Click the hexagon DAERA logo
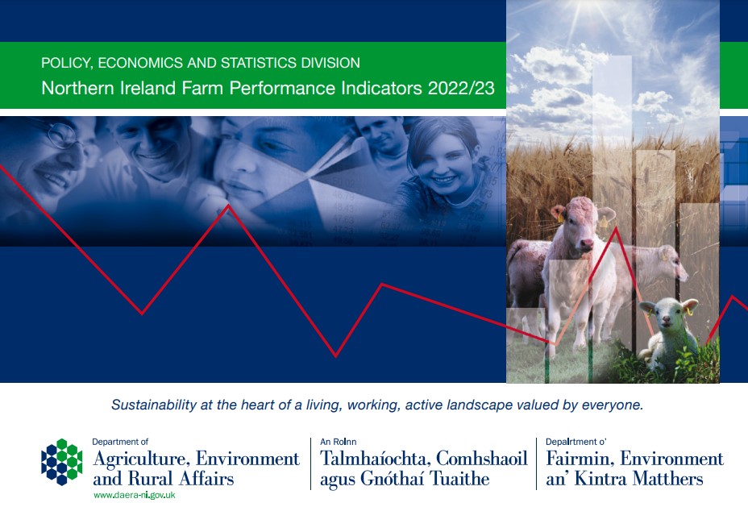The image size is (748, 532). pos(62,462)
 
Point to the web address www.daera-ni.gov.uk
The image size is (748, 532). pos(134,495)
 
